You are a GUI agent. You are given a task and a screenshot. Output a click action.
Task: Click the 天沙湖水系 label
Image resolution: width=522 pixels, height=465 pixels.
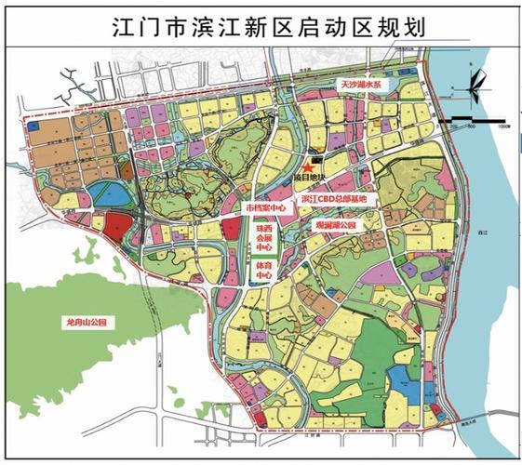coord(365,85)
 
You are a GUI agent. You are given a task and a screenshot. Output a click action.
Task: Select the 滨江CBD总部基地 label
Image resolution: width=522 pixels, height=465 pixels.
coord(335,199)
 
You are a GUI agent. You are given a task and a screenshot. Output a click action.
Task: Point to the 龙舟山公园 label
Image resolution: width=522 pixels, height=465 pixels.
coord(87,321)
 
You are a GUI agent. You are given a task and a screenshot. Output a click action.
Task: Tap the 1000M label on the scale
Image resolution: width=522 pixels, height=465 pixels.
coord(503,126)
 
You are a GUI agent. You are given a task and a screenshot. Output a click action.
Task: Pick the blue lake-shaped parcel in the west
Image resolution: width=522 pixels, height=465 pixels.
coord(106,194)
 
